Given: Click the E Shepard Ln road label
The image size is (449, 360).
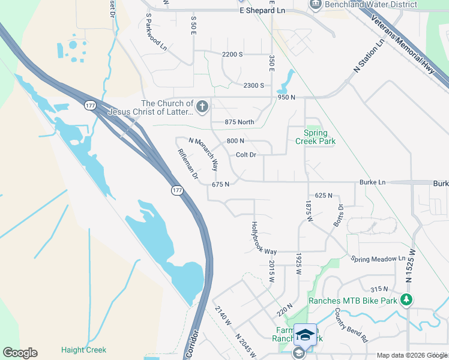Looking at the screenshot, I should click(262, 11).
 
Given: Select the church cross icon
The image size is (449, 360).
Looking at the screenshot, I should click(202, 107).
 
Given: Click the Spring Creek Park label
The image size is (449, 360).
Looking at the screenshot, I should click(315, 137).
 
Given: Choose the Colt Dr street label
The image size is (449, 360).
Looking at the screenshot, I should click(246, 155).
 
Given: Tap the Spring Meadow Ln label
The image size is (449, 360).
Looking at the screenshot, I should click(378, 259).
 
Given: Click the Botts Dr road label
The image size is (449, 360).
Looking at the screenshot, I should click(337, 216).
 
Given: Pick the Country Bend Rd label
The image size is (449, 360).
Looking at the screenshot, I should click(351, 325).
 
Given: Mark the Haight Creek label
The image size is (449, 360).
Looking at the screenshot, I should click(83, 350).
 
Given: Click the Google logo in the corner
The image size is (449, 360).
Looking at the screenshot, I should click(20, 353).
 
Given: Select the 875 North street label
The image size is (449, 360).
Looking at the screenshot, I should click(240, 122).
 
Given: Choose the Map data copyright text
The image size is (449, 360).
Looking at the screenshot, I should click(411, 355).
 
